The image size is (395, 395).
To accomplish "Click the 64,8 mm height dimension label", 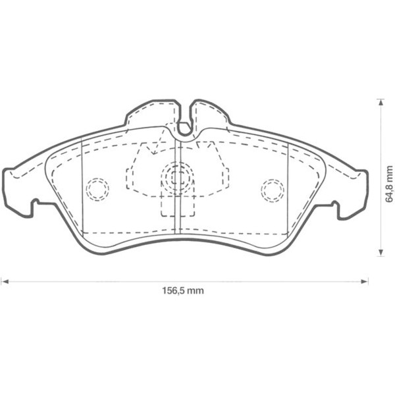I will pyautogui.click(x=389, y=178).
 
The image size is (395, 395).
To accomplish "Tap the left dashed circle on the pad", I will pyautogui.click(x=97, y=189).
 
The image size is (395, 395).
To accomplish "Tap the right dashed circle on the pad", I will pyautogui.click(x=272, y=190).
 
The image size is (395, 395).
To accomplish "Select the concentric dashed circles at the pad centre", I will pyautogui.click(x=176, y=176).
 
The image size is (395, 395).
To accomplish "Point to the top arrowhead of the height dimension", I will pyautogui.click(x=380, y=102).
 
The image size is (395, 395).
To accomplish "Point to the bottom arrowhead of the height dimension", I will pyautogui.click(x=380, y=253).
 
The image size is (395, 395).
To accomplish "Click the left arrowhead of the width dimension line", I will pyautogui.click(x=4, y=281).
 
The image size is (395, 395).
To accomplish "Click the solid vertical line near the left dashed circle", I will pyautogui.click(x=81, y=191).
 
